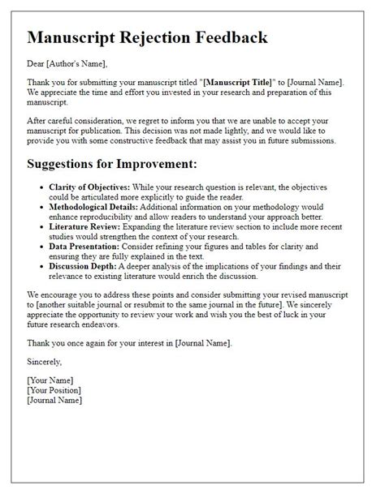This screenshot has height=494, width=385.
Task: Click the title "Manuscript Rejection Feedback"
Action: tap(147, 38)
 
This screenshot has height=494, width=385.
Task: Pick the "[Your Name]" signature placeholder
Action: tap(50, 380)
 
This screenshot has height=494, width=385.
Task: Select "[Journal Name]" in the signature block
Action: tap(54, 400)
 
